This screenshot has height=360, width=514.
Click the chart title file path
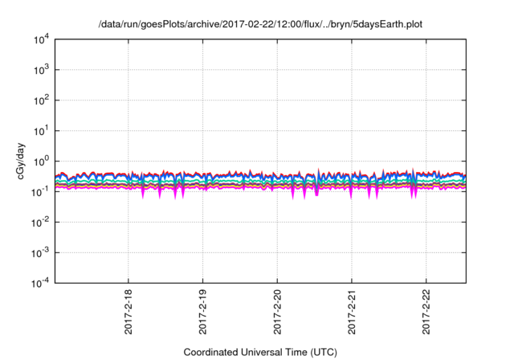tap(260, 24)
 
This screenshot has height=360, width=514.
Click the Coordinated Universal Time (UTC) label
tap(260, 352)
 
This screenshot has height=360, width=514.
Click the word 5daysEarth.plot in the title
tap(388, 24)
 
